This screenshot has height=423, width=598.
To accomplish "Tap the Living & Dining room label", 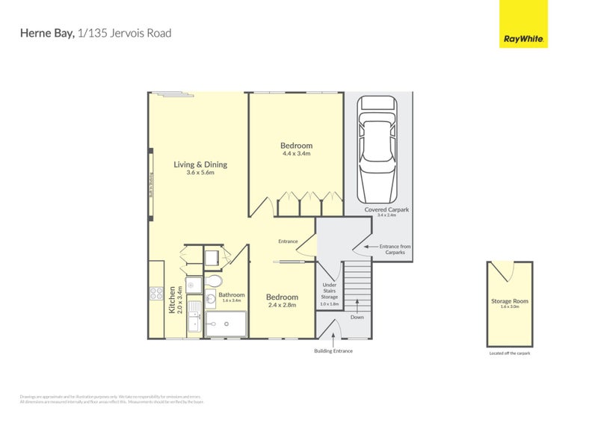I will [200, 165].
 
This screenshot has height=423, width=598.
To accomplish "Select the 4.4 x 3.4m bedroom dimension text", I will [296, 154].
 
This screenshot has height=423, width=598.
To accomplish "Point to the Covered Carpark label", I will [386, 210].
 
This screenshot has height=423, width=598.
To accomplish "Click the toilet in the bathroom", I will [214, 281].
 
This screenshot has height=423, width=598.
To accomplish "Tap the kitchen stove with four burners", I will [157, 293].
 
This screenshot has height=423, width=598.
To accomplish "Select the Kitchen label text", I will [171, 299].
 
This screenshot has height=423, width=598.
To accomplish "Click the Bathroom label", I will [231, 295].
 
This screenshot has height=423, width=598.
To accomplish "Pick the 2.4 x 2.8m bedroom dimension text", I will [282, 305].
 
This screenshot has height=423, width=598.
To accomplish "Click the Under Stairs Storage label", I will [330, 291].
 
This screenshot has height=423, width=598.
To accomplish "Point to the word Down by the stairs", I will [357, 316].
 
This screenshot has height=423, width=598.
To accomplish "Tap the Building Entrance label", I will [333, 351].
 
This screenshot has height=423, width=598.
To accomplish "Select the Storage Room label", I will [510, 301].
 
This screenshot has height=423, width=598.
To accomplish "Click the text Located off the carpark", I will [510, 353].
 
